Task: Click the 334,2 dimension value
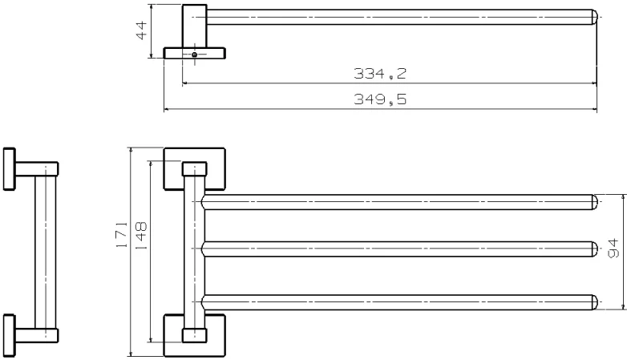(380, 74)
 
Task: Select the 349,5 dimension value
(380, 99)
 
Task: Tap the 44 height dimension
(142, 30)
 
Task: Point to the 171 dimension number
(122, 235)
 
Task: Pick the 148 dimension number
(141, 236)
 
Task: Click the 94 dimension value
(613, 249)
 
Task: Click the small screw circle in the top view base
(194, 55)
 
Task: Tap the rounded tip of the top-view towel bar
(595, 17)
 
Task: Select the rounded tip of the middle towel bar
(595, 249)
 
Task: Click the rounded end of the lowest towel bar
(595, 302)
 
